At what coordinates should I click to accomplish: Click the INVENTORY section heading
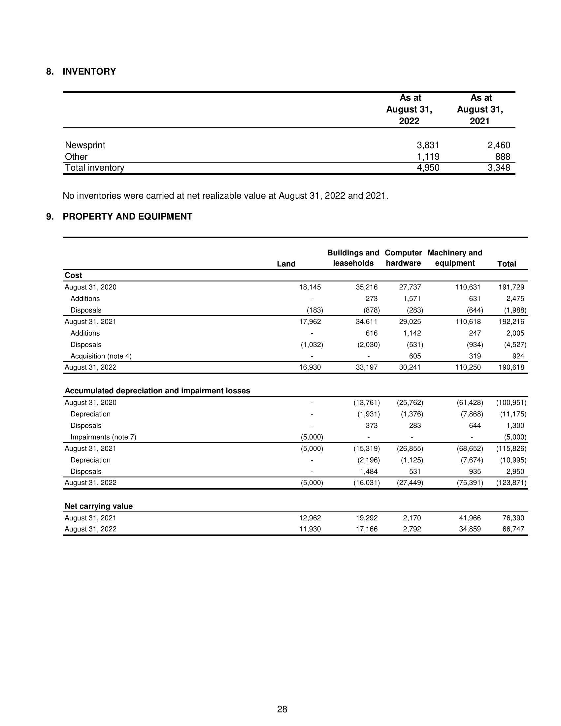(89, 72)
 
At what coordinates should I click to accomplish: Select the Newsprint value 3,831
(428, 145)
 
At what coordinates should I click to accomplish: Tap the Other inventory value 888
(503, 156)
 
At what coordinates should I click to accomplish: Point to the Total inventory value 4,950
(428, 168)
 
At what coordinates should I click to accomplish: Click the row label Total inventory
(94, 168)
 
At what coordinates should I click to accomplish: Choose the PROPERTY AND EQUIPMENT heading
(127, 216)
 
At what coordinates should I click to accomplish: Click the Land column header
(286, 264)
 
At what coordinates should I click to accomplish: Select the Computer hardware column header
(403, 258)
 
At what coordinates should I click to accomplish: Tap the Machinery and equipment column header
(455, 258)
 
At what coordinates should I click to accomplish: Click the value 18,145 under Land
(310, 287)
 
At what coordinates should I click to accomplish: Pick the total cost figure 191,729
(511, 287)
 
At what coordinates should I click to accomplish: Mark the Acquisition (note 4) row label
(101, 356)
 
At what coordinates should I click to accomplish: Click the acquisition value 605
(415, 356)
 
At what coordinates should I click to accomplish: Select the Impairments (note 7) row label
(103, 437)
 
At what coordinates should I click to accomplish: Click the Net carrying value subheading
(99, 506)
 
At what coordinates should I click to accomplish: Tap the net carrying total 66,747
(513, 529)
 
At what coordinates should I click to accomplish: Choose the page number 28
(282, 709)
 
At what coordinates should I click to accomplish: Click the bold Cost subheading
(74, 275)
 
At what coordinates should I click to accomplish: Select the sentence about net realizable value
(225, 196)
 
